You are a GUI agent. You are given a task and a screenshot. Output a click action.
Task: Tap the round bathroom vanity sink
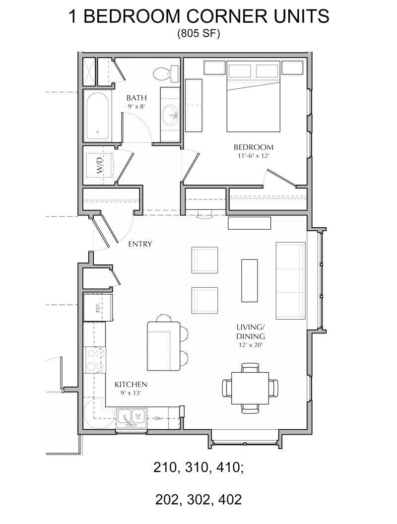172,115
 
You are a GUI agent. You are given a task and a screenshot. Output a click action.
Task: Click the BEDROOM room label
254,147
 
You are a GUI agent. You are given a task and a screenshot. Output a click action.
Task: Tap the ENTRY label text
140,244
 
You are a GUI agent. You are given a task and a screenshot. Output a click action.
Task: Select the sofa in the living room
290,280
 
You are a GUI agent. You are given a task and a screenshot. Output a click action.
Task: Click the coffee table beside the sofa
250,280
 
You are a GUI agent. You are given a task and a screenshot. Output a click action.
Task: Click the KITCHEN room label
131,384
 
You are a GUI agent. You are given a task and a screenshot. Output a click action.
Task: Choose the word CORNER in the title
228,16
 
